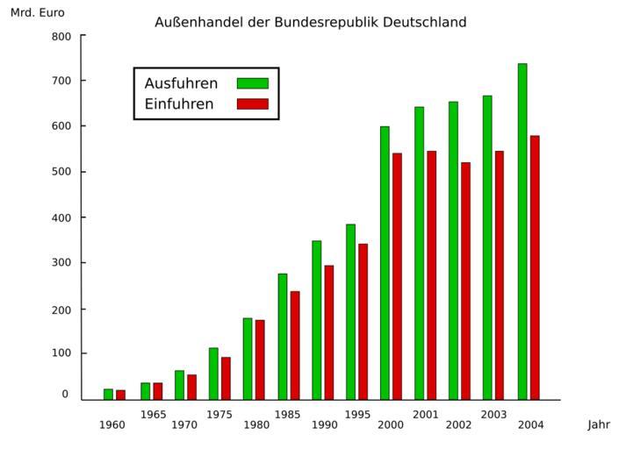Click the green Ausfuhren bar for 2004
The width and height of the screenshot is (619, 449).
click(x=522, y=232)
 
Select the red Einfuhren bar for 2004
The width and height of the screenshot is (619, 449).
click(x=535, y=267)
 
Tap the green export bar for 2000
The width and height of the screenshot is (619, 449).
click(x=385, y=263)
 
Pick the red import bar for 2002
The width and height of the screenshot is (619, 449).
click(x=465, y=281)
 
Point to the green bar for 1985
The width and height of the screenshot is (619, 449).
click(x=283, y=337)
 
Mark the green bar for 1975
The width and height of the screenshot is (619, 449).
click(x=213, y=374)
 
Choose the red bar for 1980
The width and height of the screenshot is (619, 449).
click(x=260, y=360)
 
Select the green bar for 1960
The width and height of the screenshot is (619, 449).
click(x=108, y=394)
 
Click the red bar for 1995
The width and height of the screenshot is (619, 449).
click(x=363, y=321)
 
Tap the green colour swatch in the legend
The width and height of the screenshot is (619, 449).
click(x=252, y=83)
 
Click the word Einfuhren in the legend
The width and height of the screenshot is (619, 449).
click(x=179, y=104)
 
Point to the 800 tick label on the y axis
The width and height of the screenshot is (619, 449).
click(x=61, y=36)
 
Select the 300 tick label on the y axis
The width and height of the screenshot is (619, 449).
click(x=61, y=262)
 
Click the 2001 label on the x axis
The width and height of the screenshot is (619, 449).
click(x=425, y=414)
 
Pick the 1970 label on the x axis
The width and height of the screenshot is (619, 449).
click(x=184, y=425)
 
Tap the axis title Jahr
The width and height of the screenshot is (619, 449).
click(x=599, y=425)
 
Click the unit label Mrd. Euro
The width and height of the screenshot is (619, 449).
click(x=37, y=13)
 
